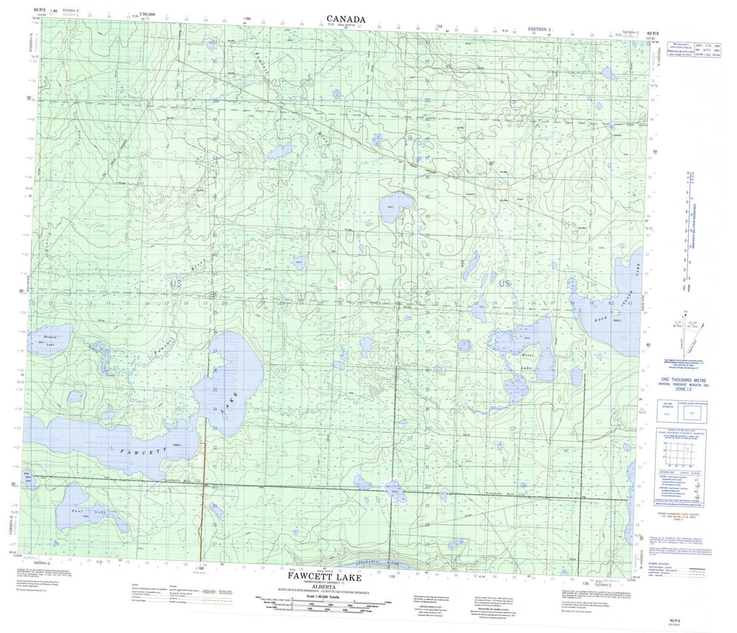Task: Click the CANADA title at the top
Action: [345, 19]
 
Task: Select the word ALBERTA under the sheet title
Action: [321, 588]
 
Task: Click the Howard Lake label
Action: [49, 340]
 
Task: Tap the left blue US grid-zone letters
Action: [176, 284]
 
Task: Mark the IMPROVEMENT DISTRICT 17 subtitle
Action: [321, 583]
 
